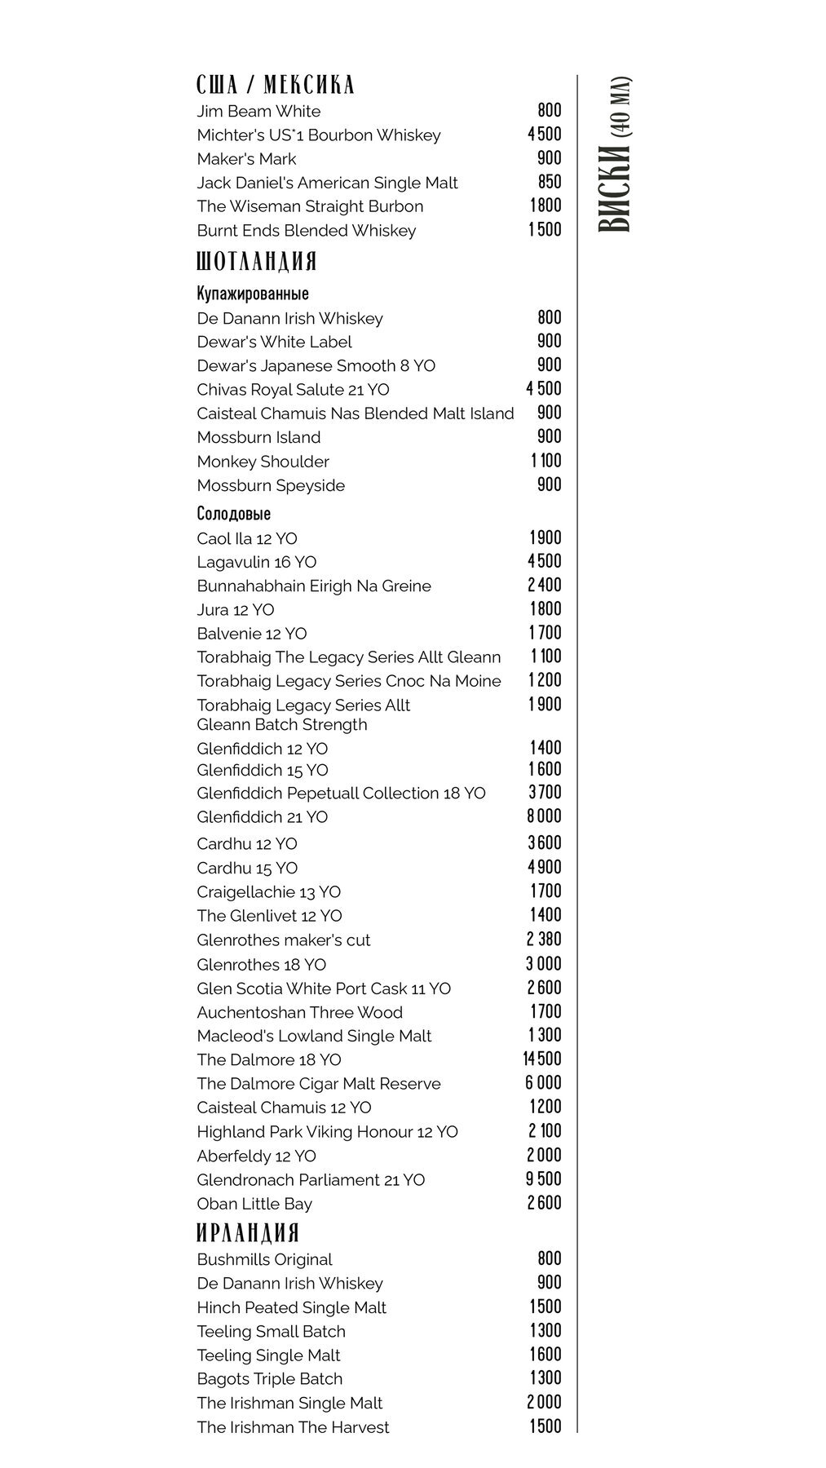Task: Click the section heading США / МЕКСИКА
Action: point(276,85)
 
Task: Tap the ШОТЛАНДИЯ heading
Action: point(257,262)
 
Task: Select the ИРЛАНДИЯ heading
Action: point(248,1232)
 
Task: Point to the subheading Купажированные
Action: point(253,294)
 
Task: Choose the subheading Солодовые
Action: point(234,514)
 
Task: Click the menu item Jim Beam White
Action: point(258,112)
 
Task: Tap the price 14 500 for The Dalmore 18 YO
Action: point(542,1059)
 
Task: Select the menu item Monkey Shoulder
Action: point(263,462)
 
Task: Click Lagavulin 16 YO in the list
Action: point(257,562)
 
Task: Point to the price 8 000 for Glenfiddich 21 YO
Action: point(545,816)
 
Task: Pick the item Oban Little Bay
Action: point(254,1204)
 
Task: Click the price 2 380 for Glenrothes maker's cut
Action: point(544,940)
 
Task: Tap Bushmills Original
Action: point(264,1259)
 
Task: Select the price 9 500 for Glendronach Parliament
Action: point(544,1179)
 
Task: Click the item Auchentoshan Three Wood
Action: point(299,1012)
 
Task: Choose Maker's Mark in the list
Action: point(246,159)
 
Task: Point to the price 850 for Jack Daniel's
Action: point(550,183)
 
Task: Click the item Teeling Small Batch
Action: point(271,1331)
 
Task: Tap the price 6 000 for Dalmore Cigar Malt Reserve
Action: point(544,1083)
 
